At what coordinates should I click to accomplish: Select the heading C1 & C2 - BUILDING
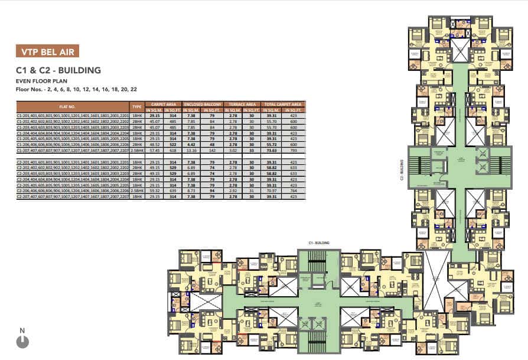point(58,70)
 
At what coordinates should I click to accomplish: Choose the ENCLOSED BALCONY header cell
point(201,103)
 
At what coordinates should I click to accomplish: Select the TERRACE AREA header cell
point(242,103)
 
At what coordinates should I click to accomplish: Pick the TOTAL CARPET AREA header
point(282,103)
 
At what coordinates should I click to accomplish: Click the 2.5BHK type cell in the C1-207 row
point(137,151)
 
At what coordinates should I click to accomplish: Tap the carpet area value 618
point(174,151)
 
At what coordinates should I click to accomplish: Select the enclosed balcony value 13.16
point(191,151)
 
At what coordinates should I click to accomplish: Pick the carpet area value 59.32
point(155,192)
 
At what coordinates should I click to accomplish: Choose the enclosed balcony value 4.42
point(191,145)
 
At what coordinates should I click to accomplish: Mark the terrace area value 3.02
point(232,151)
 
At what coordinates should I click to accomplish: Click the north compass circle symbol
point(22,341)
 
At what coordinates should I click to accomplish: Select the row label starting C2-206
point(72,192)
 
